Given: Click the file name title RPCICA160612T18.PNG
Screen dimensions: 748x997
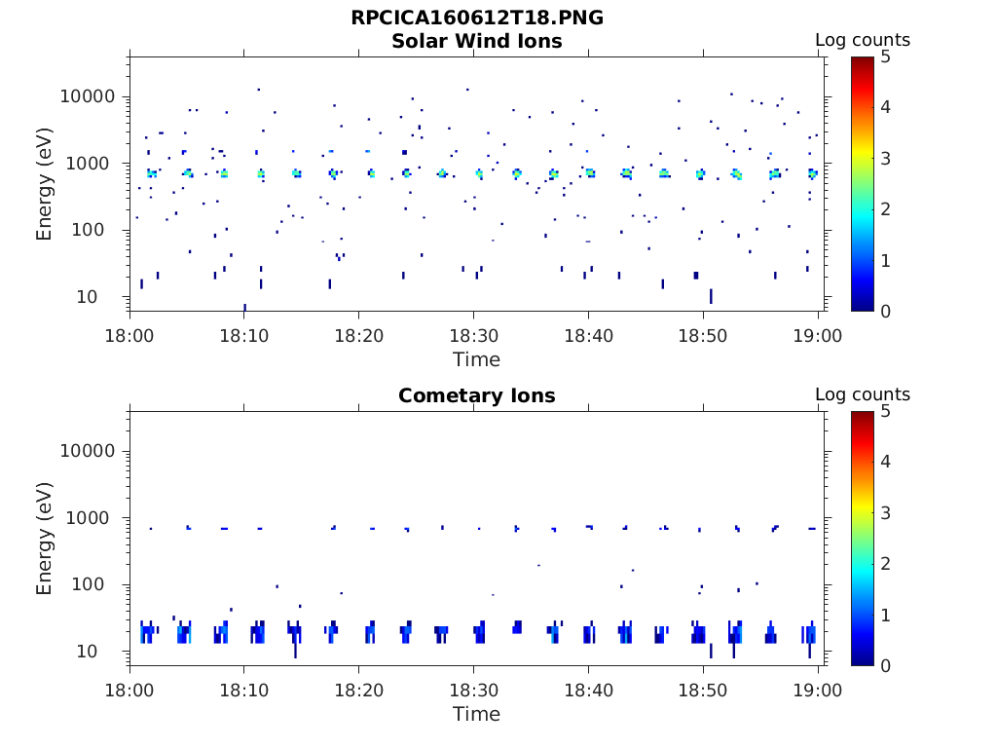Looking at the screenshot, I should click(477, 19).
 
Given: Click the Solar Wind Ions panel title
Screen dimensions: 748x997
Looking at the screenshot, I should click(477, 41).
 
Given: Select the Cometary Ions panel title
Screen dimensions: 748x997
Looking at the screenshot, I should click(477, 395).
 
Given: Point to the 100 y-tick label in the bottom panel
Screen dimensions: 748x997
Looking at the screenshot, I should click(100, 584).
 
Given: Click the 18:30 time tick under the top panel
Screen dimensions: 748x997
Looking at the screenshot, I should click(473, 335).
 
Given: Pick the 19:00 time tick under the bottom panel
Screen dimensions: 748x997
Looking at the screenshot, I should click(818, 690).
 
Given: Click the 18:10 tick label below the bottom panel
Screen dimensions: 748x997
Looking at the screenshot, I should click(243, 690).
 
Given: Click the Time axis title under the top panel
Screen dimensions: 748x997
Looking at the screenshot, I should click(477, 359).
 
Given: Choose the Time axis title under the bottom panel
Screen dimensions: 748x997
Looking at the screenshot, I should click(477, 714).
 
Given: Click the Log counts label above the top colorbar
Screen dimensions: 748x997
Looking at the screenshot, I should click(863, 40).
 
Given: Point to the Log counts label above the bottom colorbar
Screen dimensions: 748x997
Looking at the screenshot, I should click(863, 394).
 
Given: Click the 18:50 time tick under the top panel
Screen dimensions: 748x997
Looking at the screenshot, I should click(703, 335).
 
